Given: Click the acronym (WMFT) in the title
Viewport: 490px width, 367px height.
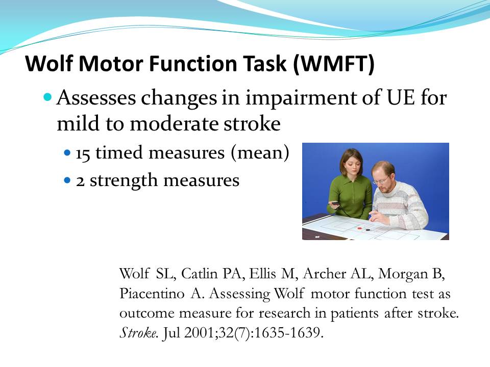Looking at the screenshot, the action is pos(333,63).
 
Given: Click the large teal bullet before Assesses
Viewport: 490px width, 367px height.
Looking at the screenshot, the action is pos(47,97).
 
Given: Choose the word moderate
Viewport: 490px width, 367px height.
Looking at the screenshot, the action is pos(174,123).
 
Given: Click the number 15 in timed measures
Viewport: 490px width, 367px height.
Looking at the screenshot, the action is pos(83,153).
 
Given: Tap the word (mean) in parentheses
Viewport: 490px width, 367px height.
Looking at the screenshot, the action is pos(260,153).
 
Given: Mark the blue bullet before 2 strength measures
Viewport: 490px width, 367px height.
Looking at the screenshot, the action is pos(67,180).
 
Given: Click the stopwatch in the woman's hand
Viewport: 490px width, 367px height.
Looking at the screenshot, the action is pos(335,203).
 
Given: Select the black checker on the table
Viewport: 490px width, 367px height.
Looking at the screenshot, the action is pos(368,230).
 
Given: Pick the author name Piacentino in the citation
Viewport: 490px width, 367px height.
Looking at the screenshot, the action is pos(152,294).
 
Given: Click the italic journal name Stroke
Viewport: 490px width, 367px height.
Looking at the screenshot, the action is pos(137,333).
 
